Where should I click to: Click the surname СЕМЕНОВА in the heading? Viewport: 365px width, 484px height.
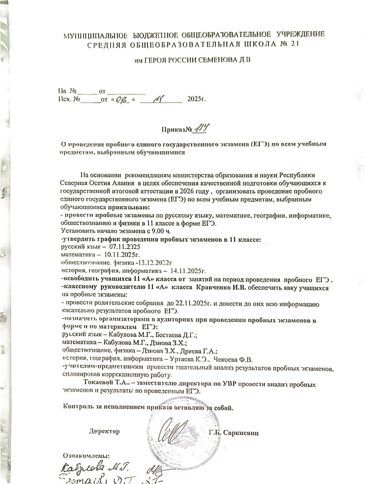(217, 60)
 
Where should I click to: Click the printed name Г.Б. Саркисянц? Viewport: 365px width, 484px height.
(233, 432)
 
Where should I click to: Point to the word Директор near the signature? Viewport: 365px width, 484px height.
(104, 431)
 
